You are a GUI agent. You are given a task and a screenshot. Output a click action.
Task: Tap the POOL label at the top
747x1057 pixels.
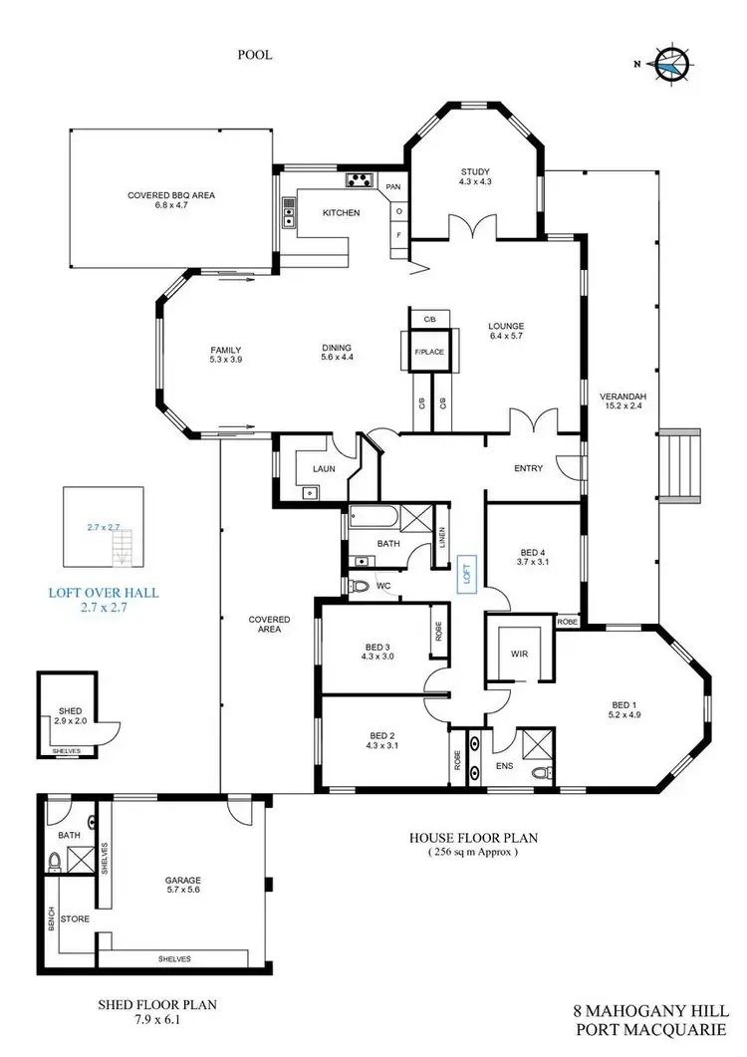pyautogui.click(x=255, y=56)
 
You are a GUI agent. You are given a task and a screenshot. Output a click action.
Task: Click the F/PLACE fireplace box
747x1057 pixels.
pyautogui.click(x=429, y=351)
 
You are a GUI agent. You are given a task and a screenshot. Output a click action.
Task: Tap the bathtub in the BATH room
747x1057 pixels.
pyautogui.click(x=373, y=518)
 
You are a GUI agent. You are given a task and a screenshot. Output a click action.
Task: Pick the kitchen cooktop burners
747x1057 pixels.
pyautogui.click(x=358, y=180)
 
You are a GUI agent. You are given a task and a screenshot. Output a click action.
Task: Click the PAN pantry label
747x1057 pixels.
pyautogui.click(x=394, y=186)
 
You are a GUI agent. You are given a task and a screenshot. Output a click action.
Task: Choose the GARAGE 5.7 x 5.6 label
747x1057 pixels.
pyautogui.click(x=183, y=886)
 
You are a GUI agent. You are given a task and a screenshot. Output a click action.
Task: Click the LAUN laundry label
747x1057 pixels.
pyautogui.click(x=322, y=467)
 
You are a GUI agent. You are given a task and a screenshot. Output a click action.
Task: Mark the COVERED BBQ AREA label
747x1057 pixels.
pyautogui.click(x=171, y=200)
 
